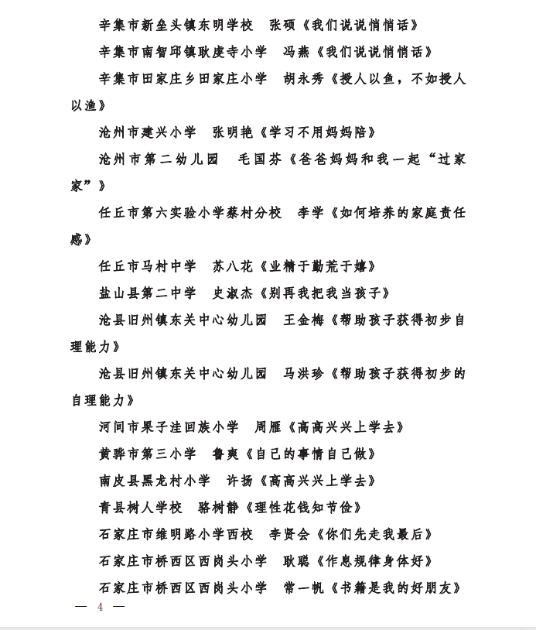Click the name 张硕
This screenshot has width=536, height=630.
click(x=283, y=25)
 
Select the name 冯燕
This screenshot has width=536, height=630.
click(x=297, y=52)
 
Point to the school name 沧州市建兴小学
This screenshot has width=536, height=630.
click(x=147, y=132)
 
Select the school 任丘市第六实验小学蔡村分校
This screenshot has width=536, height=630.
click(x=189, y=213)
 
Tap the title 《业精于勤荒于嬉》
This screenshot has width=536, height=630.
click(x=319, y=266)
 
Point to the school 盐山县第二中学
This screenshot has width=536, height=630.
click(x=147, y=293)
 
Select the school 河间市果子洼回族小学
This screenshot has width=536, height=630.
click(x=169, y=427)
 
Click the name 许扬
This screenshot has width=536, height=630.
click(x=240, y=481)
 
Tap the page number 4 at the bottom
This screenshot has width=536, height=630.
click(x=100, y=607)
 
